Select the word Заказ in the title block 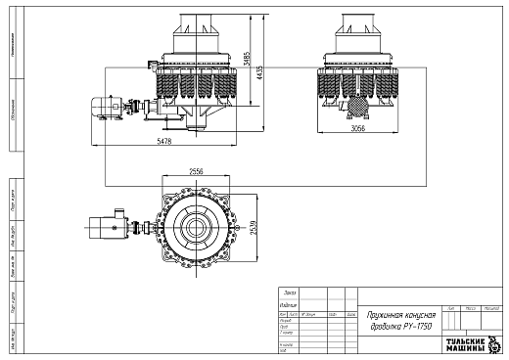288,292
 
